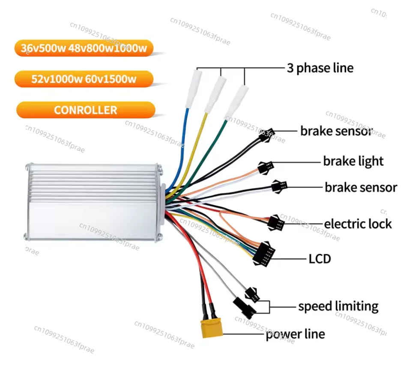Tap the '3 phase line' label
(x=320, y=68)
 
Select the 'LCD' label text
(x=319, y=259)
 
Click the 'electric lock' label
(x=358, y=224)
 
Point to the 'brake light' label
(x=353, y=162)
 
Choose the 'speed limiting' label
(x=338, y=306)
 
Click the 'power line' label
(x=296, y=334)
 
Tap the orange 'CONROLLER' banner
(x=86, y=110)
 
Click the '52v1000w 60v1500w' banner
(x=84, y=79)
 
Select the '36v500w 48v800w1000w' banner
(x=84, y=48)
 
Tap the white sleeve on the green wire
(x=236, y=102)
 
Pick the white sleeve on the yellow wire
(x=215, y=95)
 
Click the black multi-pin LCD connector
(x=263, y=254)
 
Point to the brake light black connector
(x=266, y=168)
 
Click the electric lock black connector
(x=276, y=223)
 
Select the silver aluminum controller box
(x=95, y=202)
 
